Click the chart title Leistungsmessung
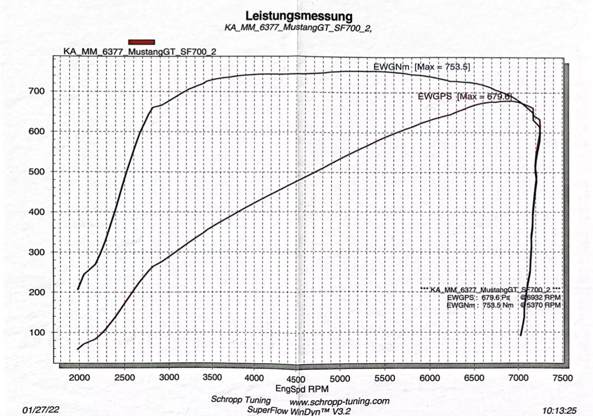tap(299, 16)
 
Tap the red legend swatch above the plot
tap(142, 42)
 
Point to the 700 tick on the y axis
tap(37, 91)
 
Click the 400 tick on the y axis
tap(37, 212)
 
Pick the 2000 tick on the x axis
tap(79, 377)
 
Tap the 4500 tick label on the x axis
tap(296, 379)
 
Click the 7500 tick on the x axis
tap(562, 378)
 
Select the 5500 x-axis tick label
tap(385, 378)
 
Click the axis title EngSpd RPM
tap(302, 389)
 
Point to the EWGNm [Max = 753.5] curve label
tap(421, 67)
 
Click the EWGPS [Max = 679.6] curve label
tap(465, 97)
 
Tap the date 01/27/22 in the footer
tap(41, 410)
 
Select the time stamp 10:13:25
tap(559, 411)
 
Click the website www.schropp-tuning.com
tap(340, 402)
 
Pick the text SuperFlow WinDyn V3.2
tap(299, 411)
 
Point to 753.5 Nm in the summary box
tap(498, 305)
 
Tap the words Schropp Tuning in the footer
tap(241, 400)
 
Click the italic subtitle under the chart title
tap(298, 28)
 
